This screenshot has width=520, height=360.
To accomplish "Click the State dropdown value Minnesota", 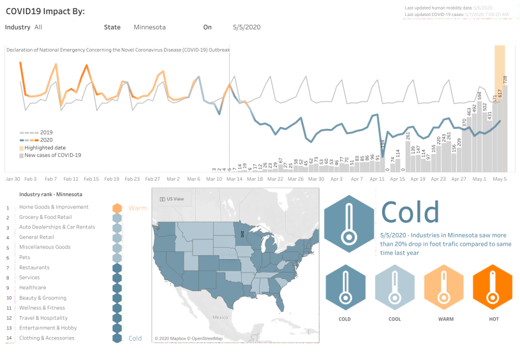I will coord(149,27).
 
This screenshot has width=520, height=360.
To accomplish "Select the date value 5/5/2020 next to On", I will coord(246,27).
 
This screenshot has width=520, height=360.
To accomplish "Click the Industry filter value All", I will coord(38,27).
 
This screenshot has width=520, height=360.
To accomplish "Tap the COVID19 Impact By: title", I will coord(45,11).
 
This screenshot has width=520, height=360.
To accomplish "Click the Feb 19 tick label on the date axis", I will coord(112,179).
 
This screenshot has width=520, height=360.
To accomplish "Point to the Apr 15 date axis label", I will coord(397,179).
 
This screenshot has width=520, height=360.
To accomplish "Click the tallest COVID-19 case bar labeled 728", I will coord(505,128).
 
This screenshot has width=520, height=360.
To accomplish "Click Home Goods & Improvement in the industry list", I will coord(54,207).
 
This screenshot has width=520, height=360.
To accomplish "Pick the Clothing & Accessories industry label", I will coord(47,338).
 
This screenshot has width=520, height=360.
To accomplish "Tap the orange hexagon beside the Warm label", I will coord(117,208).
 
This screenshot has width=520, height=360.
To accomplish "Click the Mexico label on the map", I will coord(221,317).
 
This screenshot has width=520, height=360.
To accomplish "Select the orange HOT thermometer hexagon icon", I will coord(492,287).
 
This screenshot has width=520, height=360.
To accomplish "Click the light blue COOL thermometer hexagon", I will coord(394,287).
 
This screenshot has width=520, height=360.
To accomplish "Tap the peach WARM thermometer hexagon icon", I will coord(443,287).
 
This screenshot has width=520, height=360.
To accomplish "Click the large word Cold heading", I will coord(410,213).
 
